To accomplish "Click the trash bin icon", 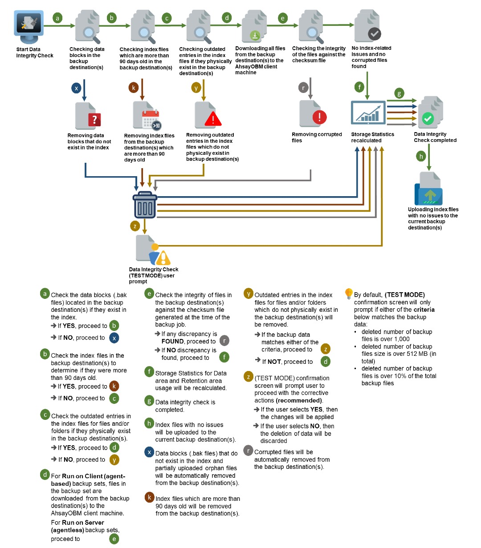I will click(x=145, y=205).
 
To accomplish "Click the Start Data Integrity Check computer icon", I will click(x=29, y=26).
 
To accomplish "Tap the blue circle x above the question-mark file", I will click(x=76, y=88).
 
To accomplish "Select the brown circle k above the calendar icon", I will click(x=133, y=87).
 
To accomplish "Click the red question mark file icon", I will click(x=88, y=117).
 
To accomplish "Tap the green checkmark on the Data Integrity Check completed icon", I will click(x=428, y=118).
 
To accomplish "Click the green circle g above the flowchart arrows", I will click(x=399, y=93).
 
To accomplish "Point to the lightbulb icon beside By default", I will click(x=349, y=294).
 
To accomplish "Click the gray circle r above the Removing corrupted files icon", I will click(x=303, y=88).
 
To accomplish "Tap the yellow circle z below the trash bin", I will click(x=135, y=226).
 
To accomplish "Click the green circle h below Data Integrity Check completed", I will click(x=421, y=156).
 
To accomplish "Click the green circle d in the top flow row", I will click(x=227, y=18).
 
